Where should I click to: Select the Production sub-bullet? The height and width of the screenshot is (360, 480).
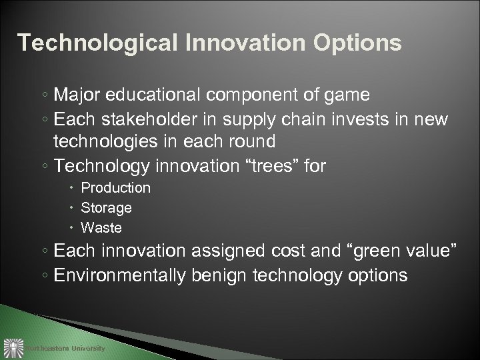(x=115, y=189)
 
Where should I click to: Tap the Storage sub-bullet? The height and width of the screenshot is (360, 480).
(x=106, y=208)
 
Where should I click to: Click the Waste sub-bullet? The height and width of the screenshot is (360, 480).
(x=101, y=227)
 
